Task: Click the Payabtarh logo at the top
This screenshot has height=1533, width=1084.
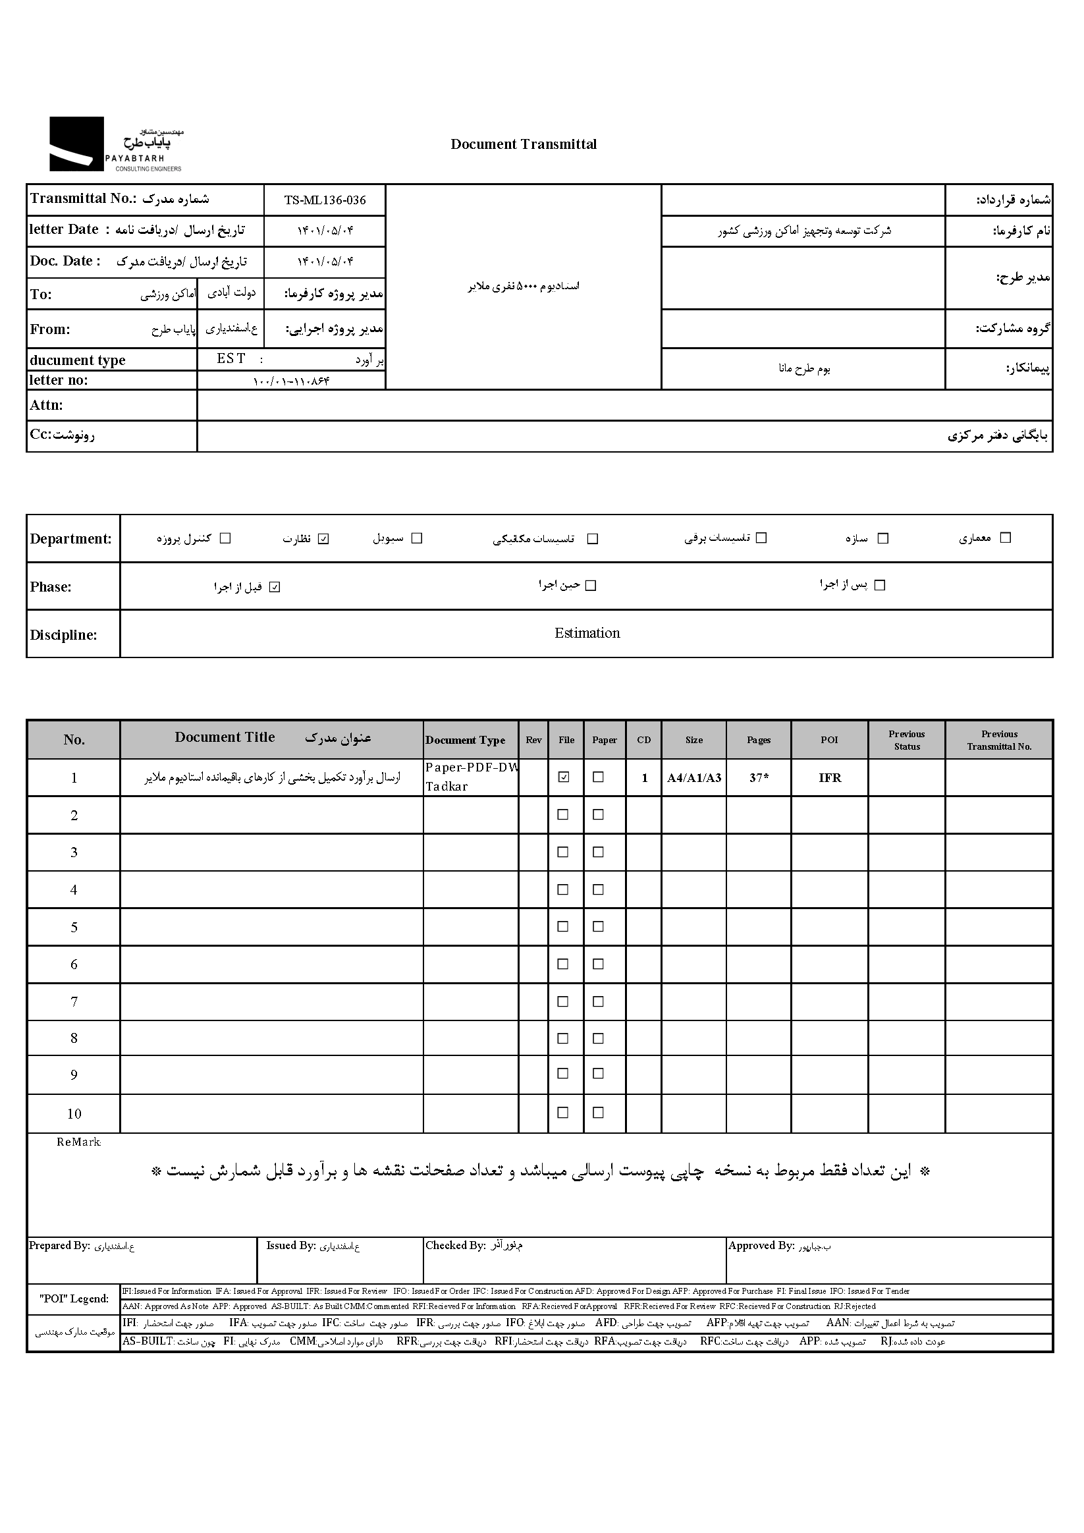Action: coord(115,144)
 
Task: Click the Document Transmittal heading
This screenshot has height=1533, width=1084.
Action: coord(524,144)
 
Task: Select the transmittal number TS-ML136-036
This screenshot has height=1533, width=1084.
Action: coord(325,200)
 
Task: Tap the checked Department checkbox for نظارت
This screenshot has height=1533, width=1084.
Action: coord(324,539)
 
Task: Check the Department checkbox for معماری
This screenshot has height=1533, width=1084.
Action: coord(1006,538)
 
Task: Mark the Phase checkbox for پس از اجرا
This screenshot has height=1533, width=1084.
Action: coord(880,585)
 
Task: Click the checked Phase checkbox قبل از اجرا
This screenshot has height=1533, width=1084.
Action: coord(275,587)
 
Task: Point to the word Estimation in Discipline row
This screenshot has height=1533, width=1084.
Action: coord(587,633)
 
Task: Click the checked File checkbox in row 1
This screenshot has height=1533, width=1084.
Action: coord(564,777)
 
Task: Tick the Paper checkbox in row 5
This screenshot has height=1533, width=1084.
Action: coord(598,926)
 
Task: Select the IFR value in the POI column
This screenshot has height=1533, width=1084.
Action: coord(830,778)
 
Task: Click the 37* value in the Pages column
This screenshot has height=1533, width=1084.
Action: coord(758,778)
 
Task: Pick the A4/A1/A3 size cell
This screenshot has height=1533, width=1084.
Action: coord(693,778)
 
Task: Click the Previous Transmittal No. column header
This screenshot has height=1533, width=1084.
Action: coord(998,740)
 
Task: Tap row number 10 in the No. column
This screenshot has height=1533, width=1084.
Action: coord(74,1114)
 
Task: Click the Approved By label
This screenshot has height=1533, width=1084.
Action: coord(761,1245)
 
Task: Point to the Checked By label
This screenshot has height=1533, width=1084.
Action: coord(455,1245)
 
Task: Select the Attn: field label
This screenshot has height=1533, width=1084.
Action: coord(46,405)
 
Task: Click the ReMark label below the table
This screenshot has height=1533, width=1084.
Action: coord(79,1142)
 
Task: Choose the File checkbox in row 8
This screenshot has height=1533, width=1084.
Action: coord(562,1038)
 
